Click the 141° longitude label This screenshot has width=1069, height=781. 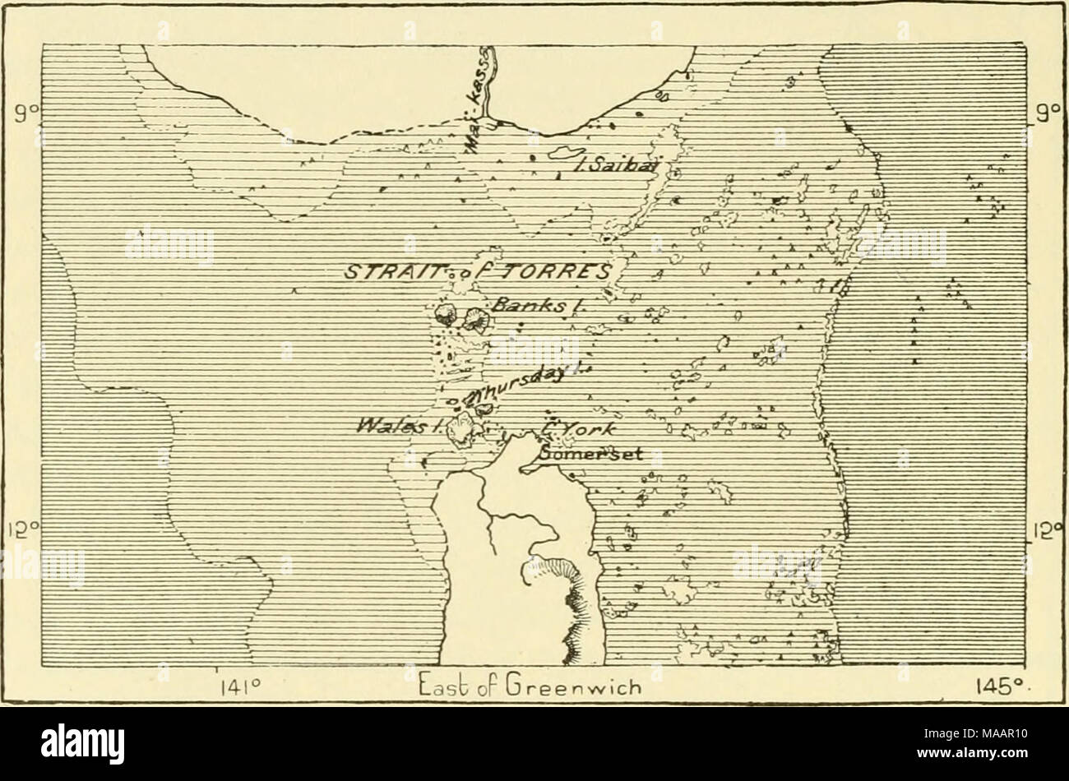tap(239, 686)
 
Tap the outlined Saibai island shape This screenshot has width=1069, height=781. tap(562, 154)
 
